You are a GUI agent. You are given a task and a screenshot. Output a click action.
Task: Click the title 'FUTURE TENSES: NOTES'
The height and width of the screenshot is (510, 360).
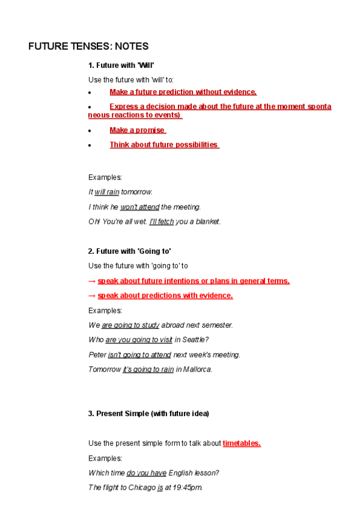[88, 46]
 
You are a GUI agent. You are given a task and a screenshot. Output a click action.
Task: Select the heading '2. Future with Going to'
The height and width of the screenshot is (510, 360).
[129, 251]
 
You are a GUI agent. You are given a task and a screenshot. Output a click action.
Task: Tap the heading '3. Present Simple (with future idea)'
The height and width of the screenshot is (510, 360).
[148, 414]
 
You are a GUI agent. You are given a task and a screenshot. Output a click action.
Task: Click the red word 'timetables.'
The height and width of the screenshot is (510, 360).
[241, 443]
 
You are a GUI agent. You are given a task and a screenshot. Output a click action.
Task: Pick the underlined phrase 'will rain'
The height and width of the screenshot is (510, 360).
[106, 192]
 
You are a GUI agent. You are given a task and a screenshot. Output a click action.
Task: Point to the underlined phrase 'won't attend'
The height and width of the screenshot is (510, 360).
[139, 207]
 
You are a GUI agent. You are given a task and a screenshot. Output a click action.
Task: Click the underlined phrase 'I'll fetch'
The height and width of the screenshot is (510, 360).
[161, 221]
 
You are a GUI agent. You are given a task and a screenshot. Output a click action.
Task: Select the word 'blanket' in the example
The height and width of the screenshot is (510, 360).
[207, 221]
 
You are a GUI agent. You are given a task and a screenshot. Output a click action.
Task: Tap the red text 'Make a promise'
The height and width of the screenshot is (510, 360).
[137, 130]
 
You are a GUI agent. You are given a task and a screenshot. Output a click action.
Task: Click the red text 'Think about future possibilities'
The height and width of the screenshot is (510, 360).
[163, 145]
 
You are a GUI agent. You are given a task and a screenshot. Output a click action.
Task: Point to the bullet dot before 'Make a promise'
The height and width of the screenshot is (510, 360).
[90, 131]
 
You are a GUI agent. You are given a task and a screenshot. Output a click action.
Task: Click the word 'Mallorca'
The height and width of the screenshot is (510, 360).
[197, 369]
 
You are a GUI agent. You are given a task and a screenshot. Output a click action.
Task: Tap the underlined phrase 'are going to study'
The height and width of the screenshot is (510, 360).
[130, 325]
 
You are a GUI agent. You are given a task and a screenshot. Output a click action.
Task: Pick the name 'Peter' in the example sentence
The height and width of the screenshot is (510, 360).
[97, 355]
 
